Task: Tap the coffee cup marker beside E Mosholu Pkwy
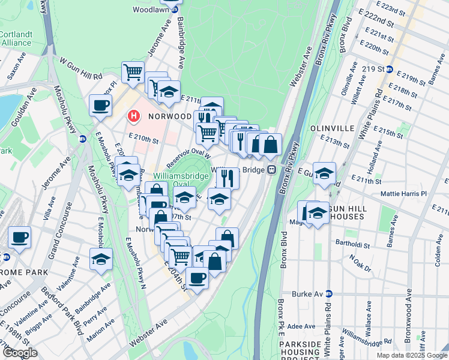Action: pyautogui.click(x=100, y=106)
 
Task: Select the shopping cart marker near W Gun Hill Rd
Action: pyautogui.click(x=133, y=72)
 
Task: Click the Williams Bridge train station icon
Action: pyautogui.click(x=271, y=169)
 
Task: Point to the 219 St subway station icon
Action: pyautogui.click(x=389, y=70)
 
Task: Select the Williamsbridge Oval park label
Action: pyautogui.click(x=181, y=180)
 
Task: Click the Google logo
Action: pyautogui.click(x=19, y=352)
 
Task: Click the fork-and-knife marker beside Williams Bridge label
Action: pyautogui.click(x=228, y=177)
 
